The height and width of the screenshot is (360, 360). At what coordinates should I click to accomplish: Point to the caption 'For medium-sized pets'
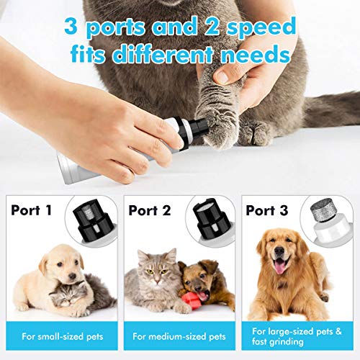coord(179,336)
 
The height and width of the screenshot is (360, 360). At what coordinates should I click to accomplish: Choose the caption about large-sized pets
coord(297,336)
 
